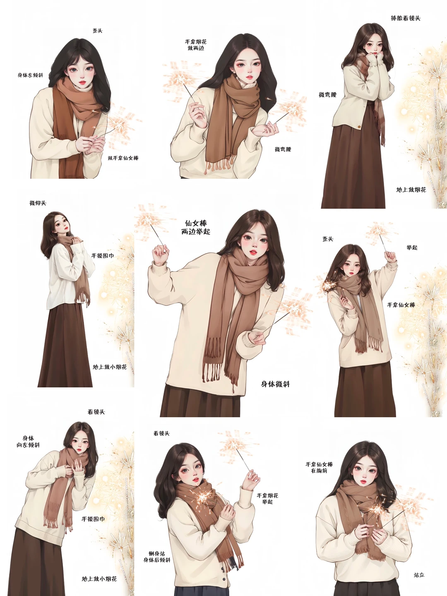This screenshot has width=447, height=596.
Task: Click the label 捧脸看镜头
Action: point(406,18)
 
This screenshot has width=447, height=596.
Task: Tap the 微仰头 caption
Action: point(38,203)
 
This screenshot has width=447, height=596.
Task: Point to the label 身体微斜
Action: point(275,384)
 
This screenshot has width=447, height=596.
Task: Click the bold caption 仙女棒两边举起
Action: point(195,227)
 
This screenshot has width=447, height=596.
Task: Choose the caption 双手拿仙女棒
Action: point(123,158)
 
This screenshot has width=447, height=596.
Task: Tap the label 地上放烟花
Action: point(411,190)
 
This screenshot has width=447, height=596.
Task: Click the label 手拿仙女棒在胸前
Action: point(319,467)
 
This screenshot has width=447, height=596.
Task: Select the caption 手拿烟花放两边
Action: point(196,45)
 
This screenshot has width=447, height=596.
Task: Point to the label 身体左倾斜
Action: point(30,75)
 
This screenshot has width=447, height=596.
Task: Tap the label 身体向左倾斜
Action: point(28,442)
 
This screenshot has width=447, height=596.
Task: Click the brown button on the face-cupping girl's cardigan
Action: point(359,127)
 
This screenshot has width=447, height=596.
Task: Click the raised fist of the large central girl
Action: point(160,254)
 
